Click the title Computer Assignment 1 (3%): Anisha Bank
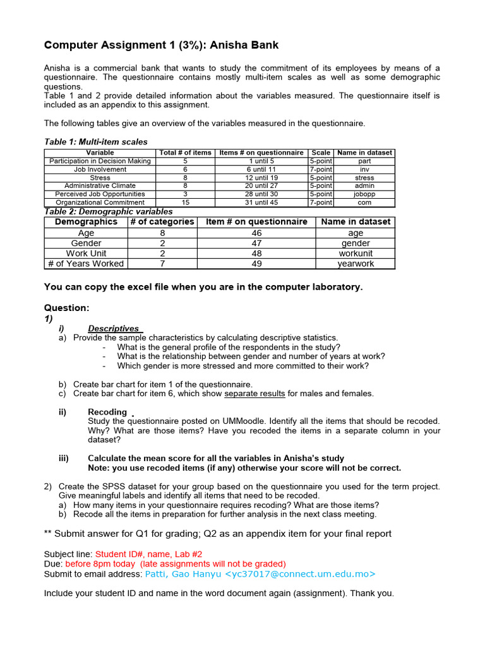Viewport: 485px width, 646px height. point(161,45)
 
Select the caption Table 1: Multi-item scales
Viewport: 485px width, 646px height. point(95,142)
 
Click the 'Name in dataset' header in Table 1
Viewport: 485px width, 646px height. point(364,153)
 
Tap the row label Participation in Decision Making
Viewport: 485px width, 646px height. point(100,161)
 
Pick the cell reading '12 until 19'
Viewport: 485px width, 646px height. point(261,178)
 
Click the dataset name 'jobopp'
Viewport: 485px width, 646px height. point(364,194)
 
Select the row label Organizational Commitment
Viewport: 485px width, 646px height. point(100,203)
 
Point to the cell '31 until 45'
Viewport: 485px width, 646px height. point(261,203)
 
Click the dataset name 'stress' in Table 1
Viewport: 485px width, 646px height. point(364,178)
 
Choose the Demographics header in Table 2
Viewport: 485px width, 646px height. point(86,222)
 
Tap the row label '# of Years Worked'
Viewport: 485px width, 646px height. point(86,264)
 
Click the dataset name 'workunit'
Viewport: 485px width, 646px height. point(356,254)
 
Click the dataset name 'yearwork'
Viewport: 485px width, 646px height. point(356,264)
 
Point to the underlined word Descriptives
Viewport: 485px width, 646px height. point(114,329)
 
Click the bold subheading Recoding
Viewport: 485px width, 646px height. point(107,412)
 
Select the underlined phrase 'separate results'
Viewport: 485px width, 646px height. point(254,394)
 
